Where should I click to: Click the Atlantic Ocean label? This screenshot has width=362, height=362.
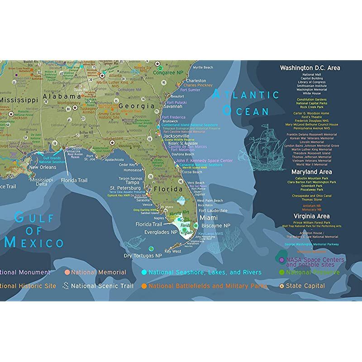(x=246, y=102)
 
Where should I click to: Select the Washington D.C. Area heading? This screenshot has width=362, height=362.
(x=310, y=68)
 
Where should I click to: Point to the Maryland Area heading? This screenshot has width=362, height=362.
(x=311, y=172)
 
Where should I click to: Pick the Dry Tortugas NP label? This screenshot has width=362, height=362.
(x=143, y=256)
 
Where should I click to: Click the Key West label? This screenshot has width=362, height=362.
(x=173, y=251)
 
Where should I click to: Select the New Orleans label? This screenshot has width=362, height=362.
(x=43, y=167)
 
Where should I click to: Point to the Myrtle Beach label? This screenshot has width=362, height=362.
(x=203, y=67)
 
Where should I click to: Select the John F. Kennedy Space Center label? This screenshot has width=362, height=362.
(x=204, y=161)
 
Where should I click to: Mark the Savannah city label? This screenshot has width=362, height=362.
(x=173, y=106)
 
